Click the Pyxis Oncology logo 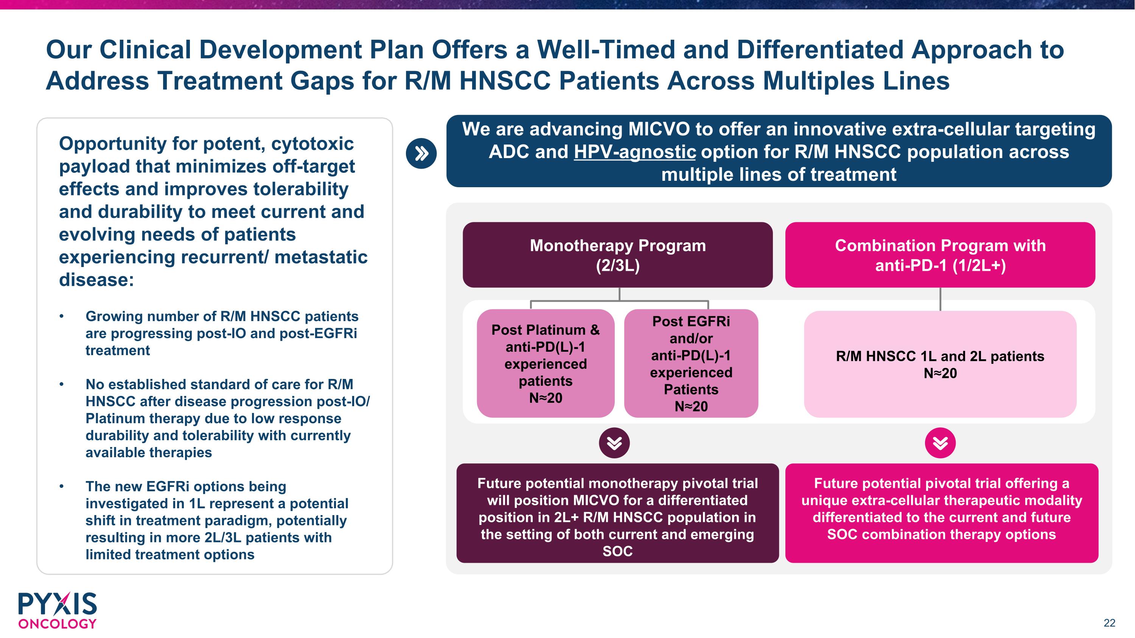(57, 610)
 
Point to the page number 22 (1109, 623)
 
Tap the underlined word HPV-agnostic (635, 152)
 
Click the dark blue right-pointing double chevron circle (421, 154)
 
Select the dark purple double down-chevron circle (614, 443)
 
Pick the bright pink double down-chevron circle (940, 443)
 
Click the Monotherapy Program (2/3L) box (618, 255)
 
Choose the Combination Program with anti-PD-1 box (940, 255)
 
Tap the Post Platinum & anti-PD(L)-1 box (546, 363)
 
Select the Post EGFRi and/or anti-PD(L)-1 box (691, 363)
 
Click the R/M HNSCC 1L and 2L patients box (940, 364)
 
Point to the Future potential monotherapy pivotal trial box (618, 513)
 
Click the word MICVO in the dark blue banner (659, 129)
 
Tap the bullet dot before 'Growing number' (62, 317)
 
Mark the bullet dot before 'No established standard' (62, 384)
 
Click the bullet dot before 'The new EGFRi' (62, 486)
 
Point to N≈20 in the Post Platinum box (546, 398)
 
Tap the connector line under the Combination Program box (940, 300)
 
